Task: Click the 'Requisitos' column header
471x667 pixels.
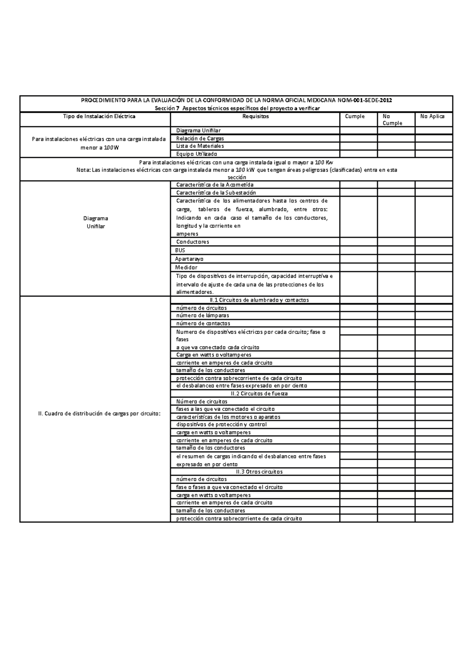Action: pos(256,117)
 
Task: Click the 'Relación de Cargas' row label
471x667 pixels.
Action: pos(200,139)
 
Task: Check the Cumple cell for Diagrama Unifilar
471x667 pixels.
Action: pos(358,131)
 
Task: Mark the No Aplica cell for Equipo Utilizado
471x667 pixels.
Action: pos(434,154)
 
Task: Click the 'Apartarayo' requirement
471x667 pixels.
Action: pos(189,259)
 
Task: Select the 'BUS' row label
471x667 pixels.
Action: pos(180,250)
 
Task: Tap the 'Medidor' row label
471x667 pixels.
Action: pos(186,268)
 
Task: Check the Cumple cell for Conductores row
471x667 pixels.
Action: pos(358,242)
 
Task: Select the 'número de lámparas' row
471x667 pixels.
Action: pos(203,315)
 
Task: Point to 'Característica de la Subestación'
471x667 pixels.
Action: pos(216,193)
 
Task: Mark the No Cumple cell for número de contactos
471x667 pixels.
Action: pos(396,324)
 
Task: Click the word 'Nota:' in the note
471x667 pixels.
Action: pos(83,170)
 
